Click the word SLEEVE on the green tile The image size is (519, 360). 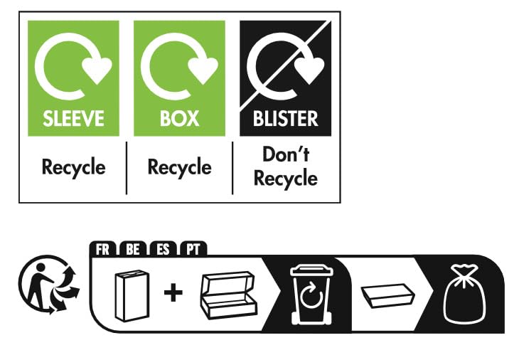[73, 117]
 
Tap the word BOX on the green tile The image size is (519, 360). [179, 117]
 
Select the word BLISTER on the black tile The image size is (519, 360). [285, 117]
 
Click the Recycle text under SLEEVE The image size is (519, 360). [73, 167]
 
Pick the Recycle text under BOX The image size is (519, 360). [179, 167]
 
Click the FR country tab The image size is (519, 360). [104, 249]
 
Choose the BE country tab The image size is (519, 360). [133, 249]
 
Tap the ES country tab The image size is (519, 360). [163, 249]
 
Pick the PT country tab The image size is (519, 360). [193, 249]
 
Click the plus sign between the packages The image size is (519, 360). [173, 292]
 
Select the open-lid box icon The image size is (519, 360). [228, 292]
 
